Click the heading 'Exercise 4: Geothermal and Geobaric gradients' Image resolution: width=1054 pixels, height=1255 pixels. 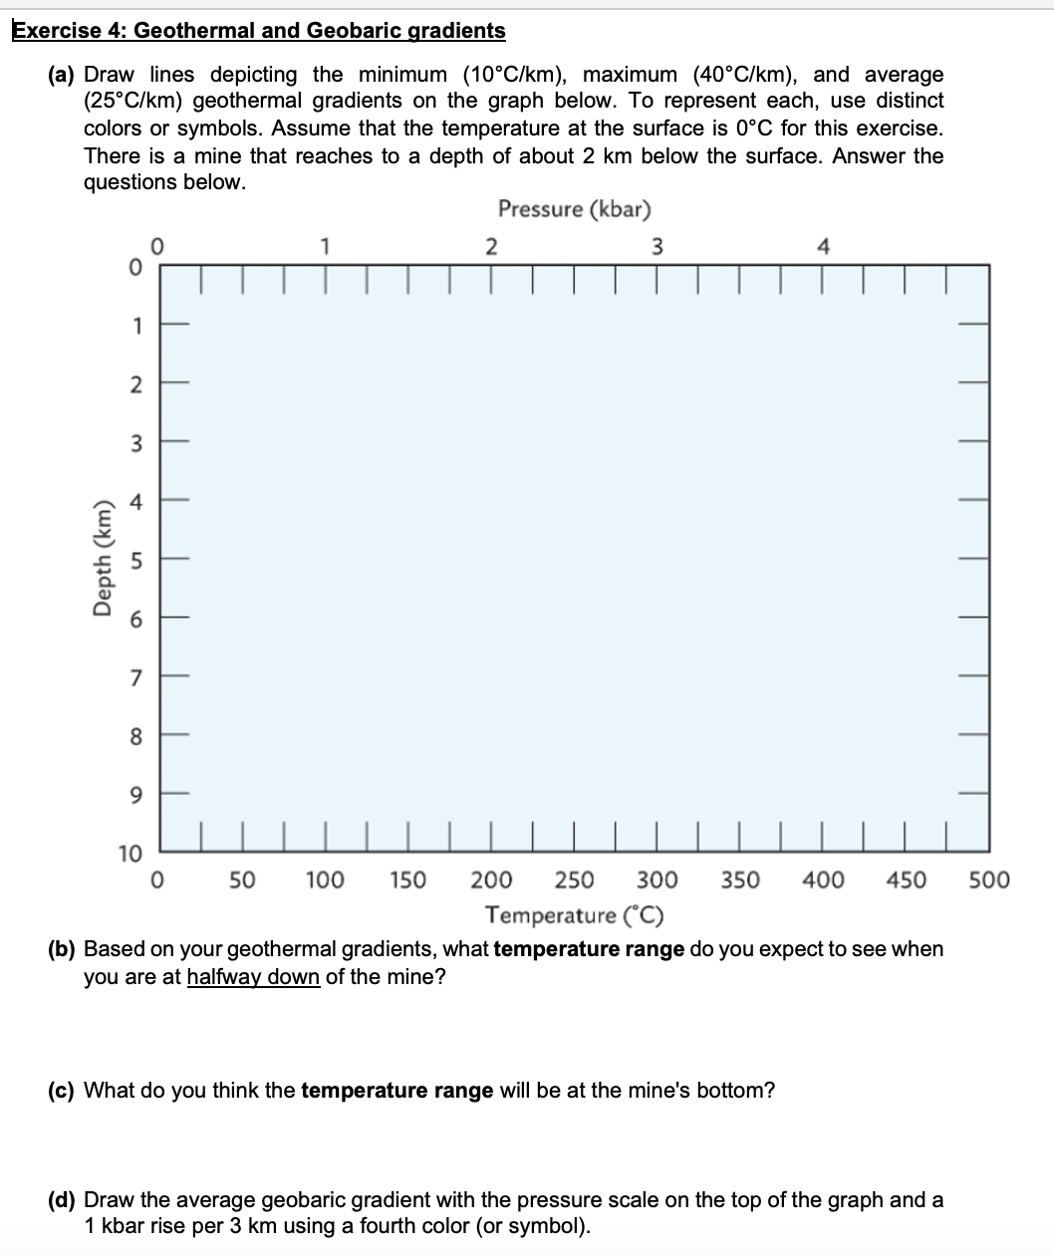coord(259,30)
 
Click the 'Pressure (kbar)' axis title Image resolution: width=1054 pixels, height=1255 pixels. coord(574,209)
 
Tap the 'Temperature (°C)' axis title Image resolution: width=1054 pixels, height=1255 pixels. coord(574,914)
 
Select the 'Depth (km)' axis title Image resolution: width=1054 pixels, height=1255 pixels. coord(102,559)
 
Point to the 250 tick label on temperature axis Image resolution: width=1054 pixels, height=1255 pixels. coord(574,880)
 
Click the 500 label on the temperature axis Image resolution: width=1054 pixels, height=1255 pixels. coord(988,880)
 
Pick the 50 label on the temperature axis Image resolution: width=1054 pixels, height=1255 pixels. coord(242,880)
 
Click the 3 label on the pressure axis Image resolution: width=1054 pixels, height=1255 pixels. coord(657,248)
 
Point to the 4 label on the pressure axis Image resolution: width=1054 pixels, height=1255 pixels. coord(822,248)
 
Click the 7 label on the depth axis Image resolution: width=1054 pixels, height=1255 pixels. coord(137,678)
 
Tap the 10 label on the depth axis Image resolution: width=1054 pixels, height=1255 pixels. coord(131,854)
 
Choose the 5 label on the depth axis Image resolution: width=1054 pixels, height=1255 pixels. coord(137,561)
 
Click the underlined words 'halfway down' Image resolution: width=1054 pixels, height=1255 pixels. coord(253,976)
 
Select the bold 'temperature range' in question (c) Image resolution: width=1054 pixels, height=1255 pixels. coord(396,1090)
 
